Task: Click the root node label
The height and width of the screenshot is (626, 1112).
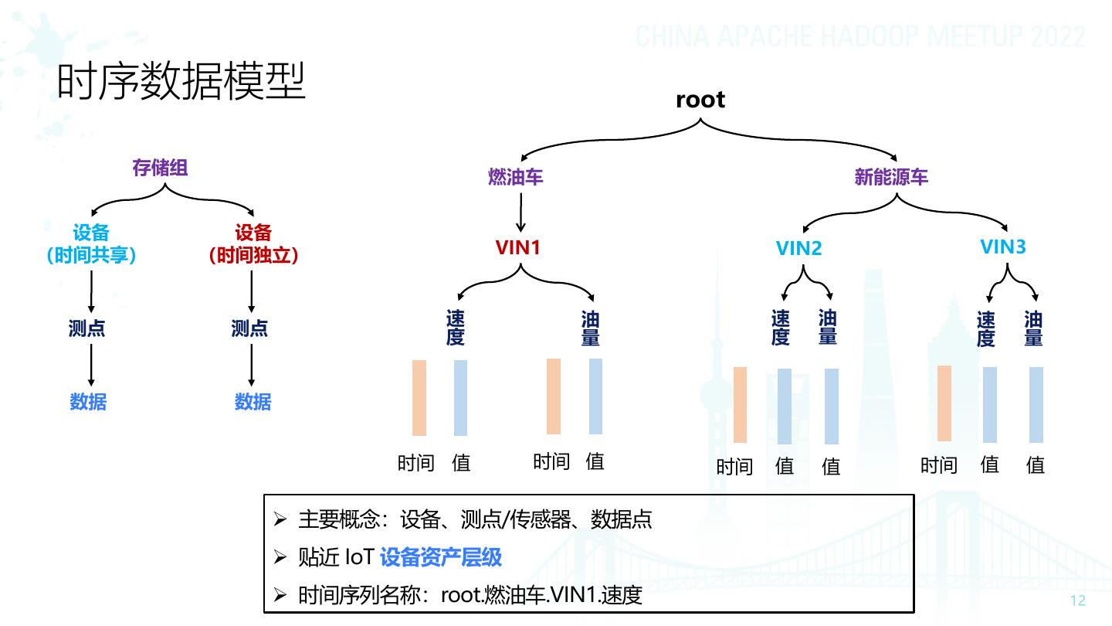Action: pyautogui.click(x=700, y=100)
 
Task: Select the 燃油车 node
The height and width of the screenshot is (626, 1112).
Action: pyautogui.click(x=516, y=177)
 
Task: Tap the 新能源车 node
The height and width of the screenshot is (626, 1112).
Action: pyautogui.click(x=891, y=177)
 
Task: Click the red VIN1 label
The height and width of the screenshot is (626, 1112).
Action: pyautogui.click(x=518, y=247)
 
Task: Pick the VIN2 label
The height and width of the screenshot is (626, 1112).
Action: pyautogui.click(x=799, y=248)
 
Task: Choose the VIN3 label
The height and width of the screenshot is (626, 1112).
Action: pyautogui.click(x=1003, y=247)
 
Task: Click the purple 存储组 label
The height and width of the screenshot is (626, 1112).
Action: pyautogui.click(x=161, y=168)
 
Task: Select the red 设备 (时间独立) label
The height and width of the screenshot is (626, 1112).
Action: pyautogui.click(x=253, y=244)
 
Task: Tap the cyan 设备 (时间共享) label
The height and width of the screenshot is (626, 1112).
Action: pyautogui.click(x=91, y=244)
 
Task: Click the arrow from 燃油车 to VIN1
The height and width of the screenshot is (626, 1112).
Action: pyautogui.click(x=520, y=212)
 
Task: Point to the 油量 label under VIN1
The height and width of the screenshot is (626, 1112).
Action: pyautogui.click(x=591, y=328)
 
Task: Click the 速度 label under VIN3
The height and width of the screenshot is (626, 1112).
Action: pyautogui.click(x=986, y=329)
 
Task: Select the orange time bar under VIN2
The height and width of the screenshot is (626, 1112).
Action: pyautogui.click(x=740, y=404)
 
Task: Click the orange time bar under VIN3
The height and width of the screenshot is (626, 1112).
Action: pyautogui.click(x=944, y=403)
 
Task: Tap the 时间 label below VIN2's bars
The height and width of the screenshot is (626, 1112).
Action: pyautogui.click(x=734, y=466)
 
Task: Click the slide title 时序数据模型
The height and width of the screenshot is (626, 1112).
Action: pyautogui.click(x=182, y=82)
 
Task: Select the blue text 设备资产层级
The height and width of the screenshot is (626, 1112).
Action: pyautogui.click(x=441, y=557)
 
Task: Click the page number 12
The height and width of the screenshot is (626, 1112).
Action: pyautogui.click(x=1078, y=601)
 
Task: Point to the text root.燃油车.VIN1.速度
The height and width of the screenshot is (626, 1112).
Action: pyautogui.click(x=541, y=596)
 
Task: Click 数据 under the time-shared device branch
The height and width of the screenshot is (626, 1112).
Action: pyautogui.click(x=88, y=402)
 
